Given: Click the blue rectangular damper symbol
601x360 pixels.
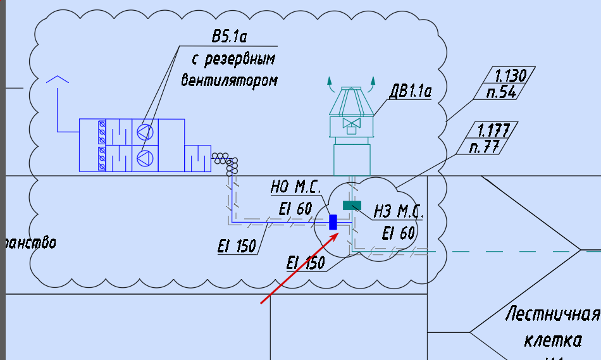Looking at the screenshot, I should [x=333, y=222].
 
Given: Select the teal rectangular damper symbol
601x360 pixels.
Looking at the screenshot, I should [x=351, y=205].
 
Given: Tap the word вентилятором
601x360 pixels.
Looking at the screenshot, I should [x=229, y=80].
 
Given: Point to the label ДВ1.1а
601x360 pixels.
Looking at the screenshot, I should [x=410, y=92].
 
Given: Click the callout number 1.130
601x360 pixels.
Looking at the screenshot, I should [x=510, y=76].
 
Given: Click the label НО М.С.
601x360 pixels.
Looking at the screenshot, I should [x=295, y=188].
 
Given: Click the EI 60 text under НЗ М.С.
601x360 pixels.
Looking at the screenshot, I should [x=399, y=233].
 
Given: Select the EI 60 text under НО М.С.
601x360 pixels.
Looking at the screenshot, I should [x=295, y=208].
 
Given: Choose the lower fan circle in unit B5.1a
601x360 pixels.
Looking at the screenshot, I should [x=145, y=158].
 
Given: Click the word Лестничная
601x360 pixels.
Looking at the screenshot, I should [x=552, y=315].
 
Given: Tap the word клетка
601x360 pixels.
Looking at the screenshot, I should [x=553, y=340].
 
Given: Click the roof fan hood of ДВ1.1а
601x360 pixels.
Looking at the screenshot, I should [x=351, y=101].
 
